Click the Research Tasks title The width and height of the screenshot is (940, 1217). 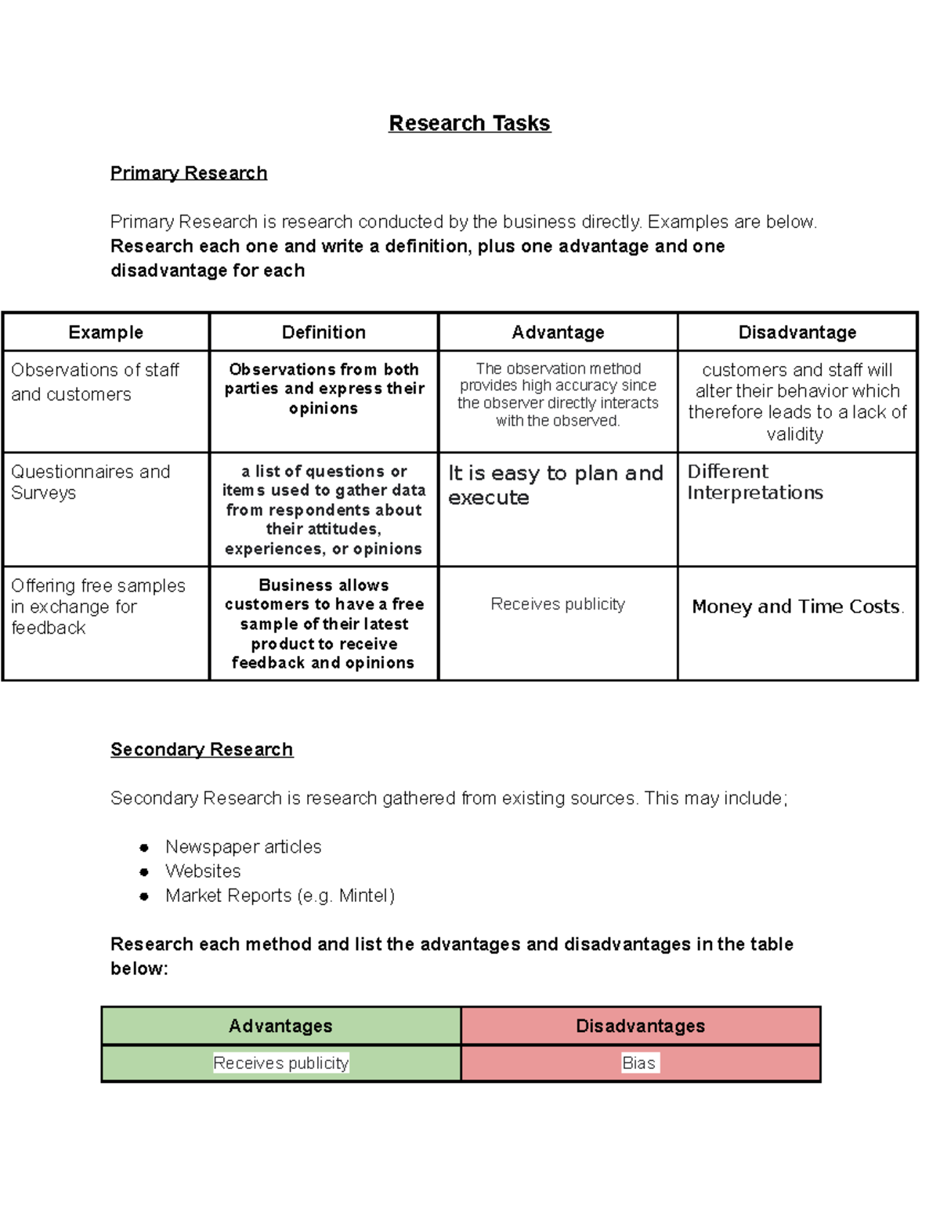pos(469,124)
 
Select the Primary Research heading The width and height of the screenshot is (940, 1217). pos(189,173)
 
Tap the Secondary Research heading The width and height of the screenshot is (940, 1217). pos(201,750)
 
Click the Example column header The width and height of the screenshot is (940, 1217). pos(106,332)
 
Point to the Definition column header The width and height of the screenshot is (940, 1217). pos(324,332)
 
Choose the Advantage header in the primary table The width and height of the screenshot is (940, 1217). pos(558,332)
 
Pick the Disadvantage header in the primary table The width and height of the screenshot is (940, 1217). pos(797,332)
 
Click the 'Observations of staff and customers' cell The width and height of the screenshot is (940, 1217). pos(95,382)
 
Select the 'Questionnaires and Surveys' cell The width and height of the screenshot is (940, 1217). pos(90,483)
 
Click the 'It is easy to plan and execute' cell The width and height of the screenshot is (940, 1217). pos(555,485)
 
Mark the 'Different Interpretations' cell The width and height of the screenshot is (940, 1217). pos(754,482)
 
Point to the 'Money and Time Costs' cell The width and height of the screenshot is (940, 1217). pos(797,607)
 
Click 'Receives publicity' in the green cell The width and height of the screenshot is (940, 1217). pos(280,1063)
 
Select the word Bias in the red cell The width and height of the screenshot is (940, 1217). pos(638,1063)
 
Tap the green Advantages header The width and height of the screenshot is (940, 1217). pos(280,1026)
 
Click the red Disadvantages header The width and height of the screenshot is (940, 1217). pos(640,1026)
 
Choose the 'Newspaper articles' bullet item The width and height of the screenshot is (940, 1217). pos(243,847)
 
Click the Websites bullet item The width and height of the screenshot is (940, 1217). pos(203,871)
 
